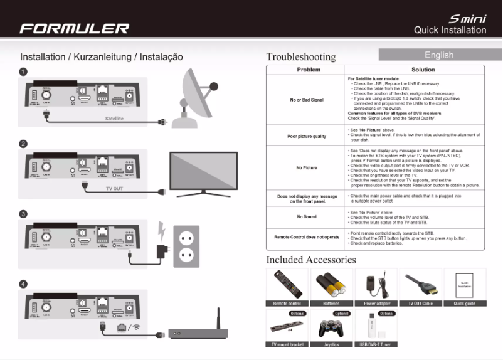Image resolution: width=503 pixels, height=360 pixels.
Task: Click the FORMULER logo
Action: click(x=74, y=28)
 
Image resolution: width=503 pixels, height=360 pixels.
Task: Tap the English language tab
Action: click(x=439, y=55)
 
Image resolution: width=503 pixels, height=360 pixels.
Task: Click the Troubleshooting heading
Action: click(x=300, y=56)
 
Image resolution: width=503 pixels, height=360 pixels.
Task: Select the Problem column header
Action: click(x=308, y=70)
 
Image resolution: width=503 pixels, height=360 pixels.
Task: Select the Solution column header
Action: click(x=423, y=70)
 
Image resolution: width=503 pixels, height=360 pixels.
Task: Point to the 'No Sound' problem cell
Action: click(x=307, y=216)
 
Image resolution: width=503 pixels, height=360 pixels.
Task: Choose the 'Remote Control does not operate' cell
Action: click(x=307, y=237)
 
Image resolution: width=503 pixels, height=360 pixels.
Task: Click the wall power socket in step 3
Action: click(x=186, y=246)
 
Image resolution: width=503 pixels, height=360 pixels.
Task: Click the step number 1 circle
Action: click(x=23, y=72)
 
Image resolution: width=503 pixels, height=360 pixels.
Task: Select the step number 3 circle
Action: click(x=23, y=214)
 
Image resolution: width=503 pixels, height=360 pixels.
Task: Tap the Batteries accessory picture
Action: click(x=332, y=285)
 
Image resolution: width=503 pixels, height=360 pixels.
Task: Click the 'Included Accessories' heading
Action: click(x=311, y=259)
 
